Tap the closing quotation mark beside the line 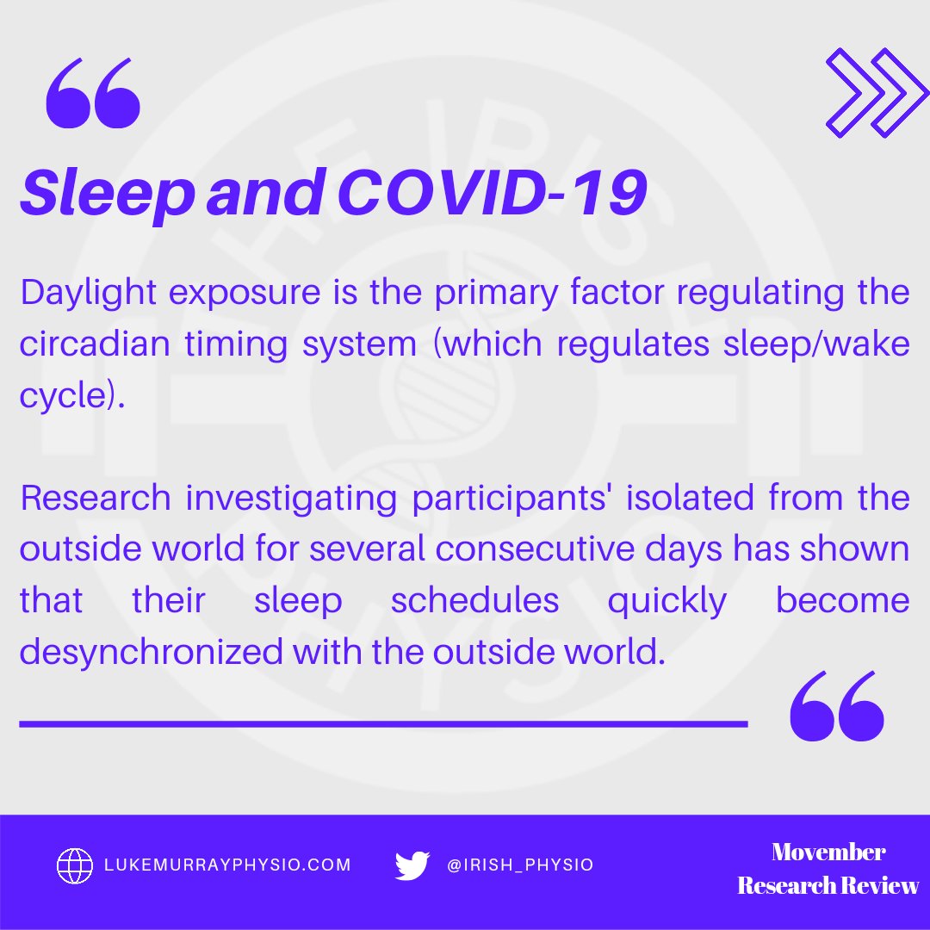point(837,706)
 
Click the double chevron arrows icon point(877,92)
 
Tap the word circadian point(86,344)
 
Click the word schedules point(474,601)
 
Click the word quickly point(666,601)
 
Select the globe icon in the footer point(75,865)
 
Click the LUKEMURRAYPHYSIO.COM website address point(227,865)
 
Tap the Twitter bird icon point(412,865)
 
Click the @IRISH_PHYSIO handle point(520,865)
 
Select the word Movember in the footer point(828,852)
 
